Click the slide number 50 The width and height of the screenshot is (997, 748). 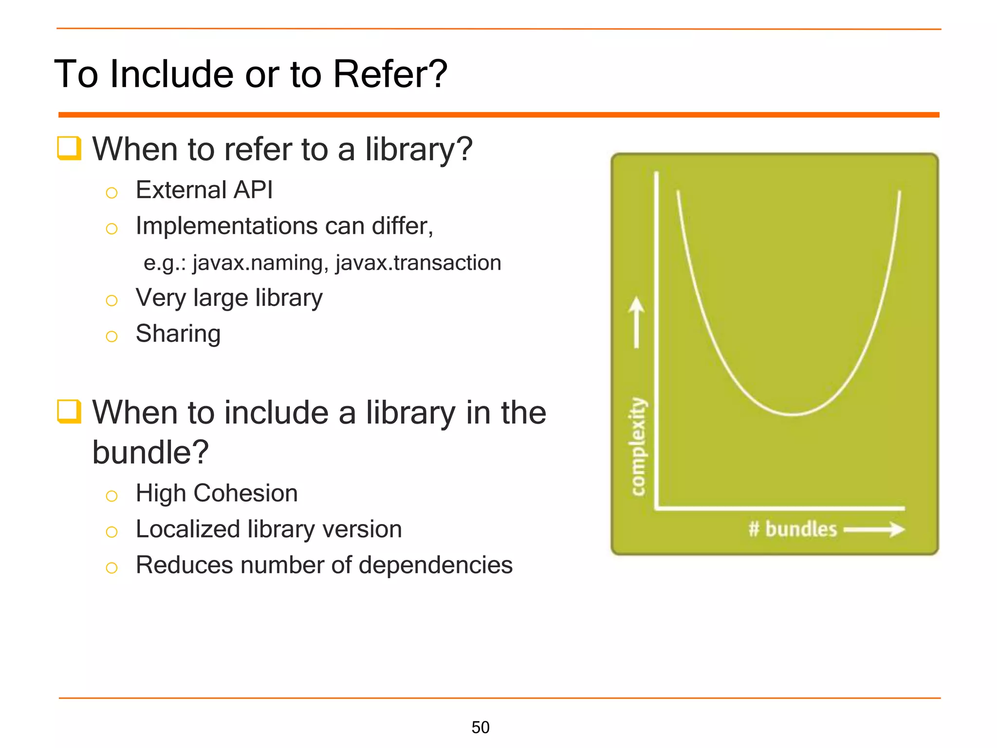480,727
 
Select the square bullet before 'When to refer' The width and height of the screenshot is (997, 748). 69,148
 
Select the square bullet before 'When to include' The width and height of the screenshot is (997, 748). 69,411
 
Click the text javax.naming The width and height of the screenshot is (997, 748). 260,263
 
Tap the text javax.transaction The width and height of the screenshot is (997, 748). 418,263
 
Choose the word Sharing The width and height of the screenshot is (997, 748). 178,334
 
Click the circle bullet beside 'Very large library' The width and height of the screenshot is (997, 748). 111,300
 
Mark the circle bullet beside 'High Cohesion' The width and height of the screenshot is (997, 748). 111,496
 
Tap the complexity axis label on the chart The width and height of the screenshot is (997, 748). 638,447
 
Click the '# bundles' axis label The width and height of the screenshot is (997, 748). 793,529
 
